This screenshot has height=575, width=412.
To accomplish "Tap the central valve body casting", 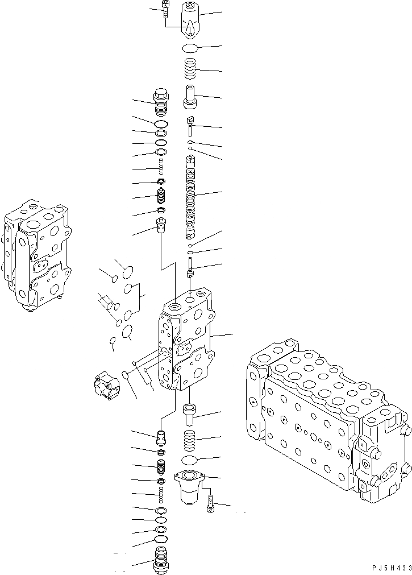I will pyautogui.click(x=188, y=341).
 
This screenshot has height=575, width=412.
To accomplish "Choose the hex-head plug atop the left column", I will pyautogui.click(x=161, y=101).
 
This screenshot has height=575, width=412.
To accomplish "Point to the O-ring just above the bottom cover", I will pyautogui.click(x=190, y=460).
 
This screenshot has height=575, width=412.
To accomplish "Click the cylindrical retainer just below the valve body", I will pyautogui.click(x=189, y=413).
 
